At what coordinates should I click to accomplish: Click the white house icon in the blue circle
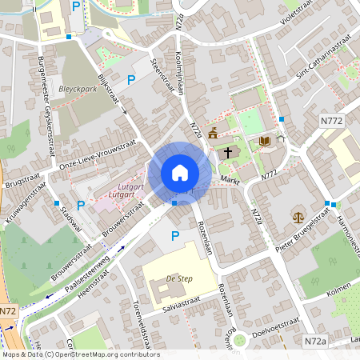pos(179,173)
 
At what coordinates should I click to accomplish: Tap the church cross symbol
pos(227,151)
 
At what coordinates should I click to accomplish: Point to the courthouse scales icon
pos(298,217)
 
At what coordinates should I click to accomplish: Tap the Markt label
pos(230,181)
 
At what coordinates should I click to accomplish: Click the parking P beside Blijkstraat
pos(130,79)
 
